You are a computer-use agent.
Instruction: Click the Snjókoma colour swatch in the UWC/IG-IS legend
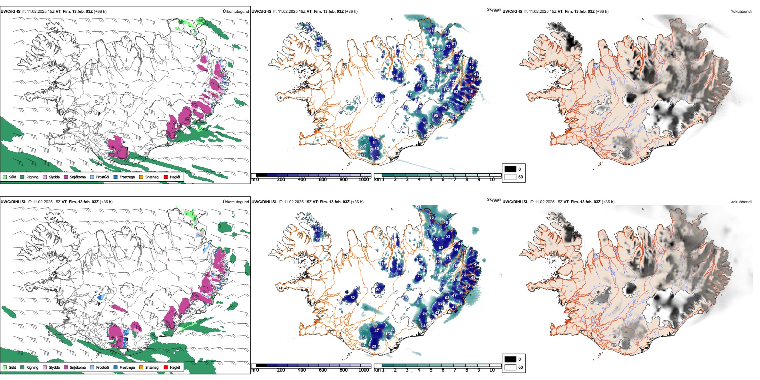coord(66,177)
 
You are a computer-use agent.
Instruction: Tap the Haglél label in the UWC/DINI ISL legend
coord(175,367)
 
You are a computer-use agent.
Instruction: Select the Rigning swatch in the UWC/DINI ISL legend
coord(22,367)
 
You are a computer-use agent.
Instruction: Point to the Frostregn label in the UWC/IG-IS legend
coord(127,177)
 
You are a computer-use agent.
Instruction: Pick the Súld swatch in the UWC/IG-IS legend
coord(5,177)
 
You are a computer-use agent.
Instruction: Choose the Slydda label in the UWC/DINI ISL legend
coord(54,367)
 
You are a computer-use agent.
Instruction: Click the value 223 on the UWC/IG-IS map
coord(363,147)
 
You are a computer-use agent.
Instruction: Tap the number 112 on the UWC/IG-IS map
coord(362,155)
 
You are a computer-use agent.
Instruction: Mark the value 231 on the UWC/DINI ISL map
coord(363,337)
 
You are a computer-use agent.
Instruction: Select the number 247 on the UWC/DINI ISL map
coord(363,345)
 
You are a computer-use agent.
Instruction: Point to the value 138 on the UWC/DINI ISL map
coord(389,334)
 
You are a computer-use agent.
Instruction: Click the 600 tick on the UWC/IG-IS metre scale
coord(323,180)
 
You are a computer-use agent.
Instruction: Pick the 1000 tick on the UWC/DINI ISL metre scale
coord(364,370)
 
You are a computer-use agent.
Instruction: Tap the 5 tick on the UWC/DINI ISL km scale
coord(431,370)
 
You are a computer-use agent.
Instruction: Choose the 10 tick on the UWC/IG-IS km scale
coord(492,180)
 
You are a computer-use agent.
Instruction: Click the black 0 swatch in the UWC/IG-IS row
coord(510,169)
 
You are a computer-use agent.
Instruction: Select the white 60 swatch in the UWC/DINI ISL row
coord(510,367)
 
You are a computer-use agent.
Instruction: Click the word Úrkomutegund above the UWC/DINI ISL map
coord(236,202)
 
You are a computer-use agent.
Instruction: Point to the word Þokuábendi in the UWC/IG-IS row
coord(741,11)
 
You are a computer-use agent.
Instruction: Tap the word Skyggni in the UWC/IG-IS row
coord(494,9)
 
